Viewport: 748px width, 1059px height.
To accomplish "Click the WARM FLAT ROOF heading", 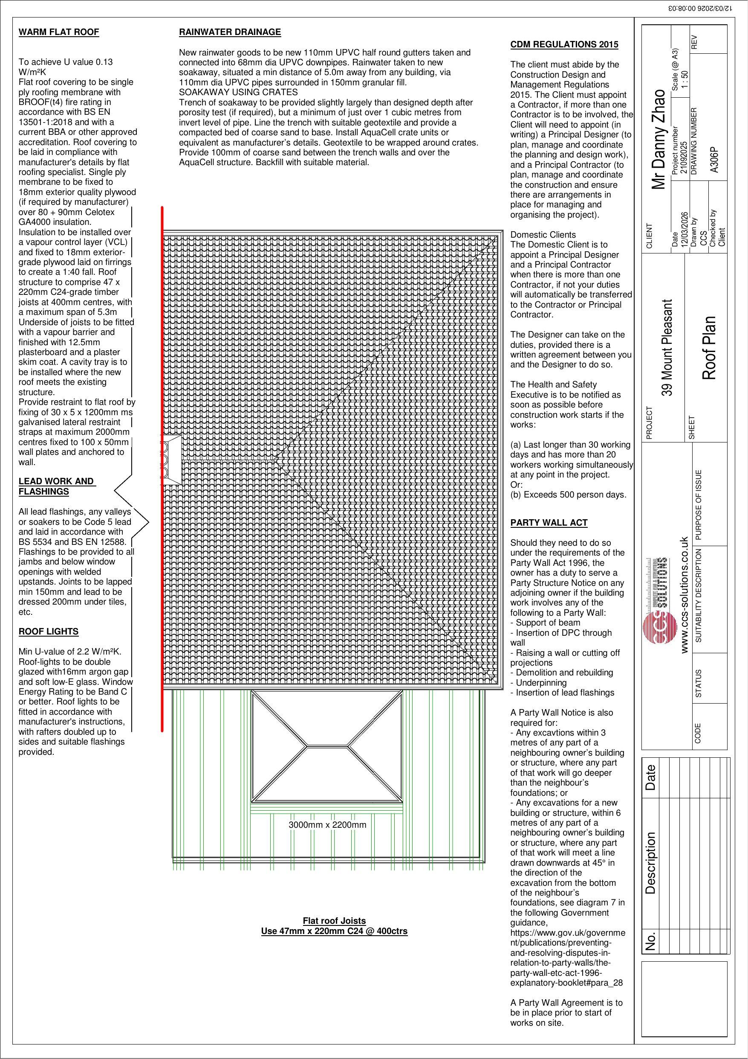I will pos(58,32).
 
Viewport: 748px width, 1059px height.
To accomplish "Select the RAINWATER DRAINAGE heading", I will pos(230,32).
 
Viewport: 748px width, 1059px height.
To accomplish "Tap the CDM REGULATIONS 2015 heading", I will pos(564,45).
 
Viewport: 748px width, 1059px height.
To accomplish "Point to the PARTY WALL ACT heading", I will pos(549,523).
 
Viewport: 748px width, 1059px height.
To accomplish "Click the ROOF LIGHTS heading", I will pos(49,631).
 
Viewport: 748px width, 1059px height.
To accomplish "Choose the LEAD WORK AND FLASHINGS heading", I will pos(56,486).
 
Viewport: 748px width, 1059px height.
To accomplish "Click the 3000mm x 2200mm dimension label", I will pos(327,825).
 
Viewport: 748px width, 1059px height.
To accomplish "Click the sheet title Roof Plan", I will pos(708,348).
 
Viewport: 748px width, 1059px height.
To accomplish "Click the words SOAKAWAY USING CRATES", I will pos(238,92).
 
